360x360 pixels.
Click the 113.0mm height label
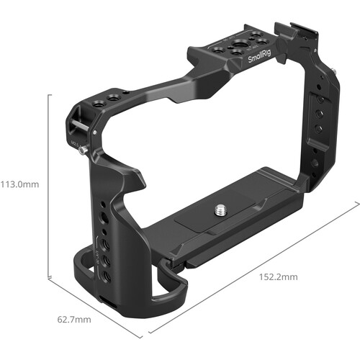[x=19, y=185]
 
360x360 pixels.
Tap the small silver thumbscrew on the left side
[x=84, y=150]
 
